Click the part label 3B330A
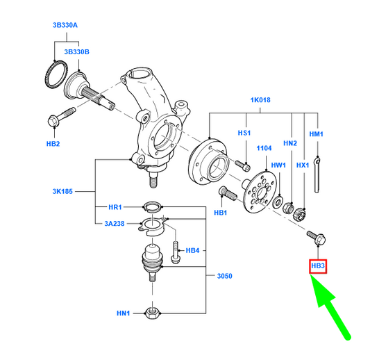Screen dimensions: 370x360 65,25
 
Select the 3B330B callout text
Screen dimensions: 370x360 76,51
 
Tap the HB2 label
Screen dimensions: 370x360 53,144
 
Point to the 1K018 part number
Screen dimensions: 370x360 260,100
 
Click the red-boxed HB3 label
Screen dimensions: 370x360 318,266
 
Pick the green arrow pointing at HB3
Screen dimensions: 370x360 330,307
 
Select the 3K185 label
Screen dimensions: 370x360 62,191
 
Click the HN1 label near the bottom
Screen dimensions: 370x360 123,313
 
